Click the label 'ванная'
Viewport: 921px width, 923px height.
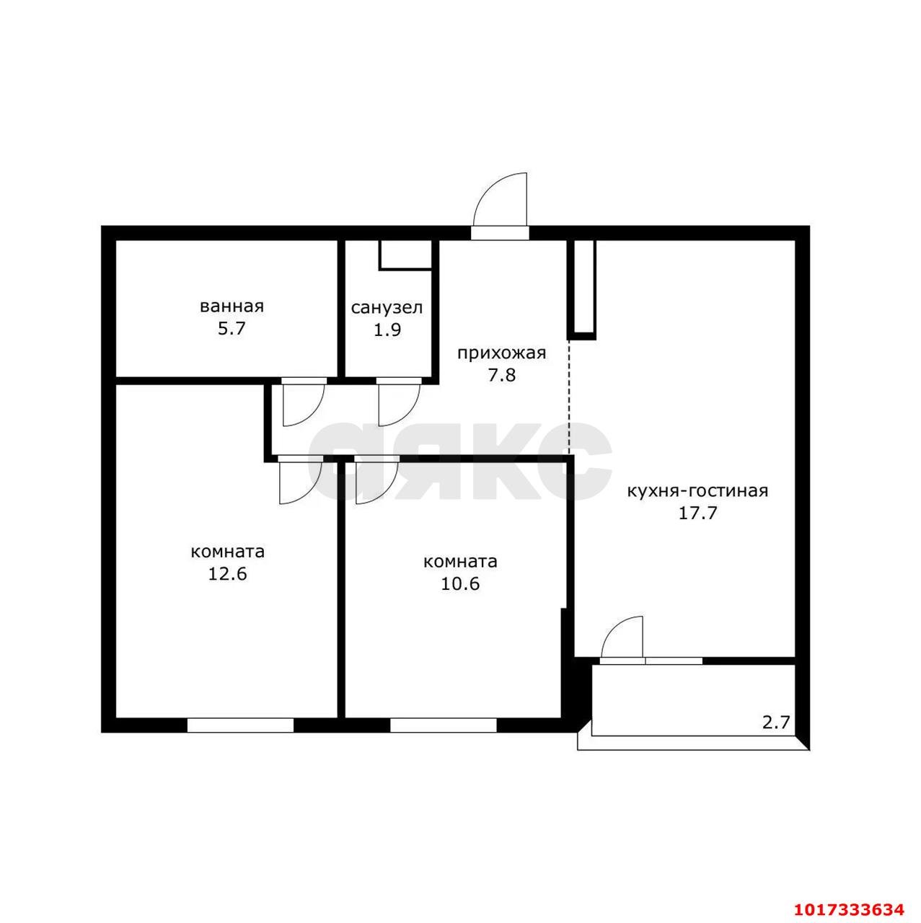pos(232,306)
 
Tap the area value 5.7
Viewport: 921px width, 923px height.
pos(232,329)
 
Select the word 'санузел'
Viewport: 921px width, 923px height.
pos(387,307)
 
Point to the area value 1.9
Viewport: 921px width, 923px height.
pos(387,330)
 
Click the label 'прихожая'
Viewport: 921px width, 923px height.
pos(502,353)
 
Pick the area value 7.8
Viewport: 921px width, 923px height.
pos(502,375)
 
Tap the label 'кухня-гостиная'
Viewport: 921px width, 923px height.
pos(697,491)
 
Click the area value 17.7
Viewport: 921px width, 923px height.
pos(697,513)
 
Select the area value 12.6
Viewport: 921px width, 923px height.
pos(227,573)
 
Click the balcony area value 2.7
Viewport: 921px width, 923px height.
pos(776,735)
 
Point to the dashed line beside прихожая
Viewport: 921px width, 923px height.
pos(569,397)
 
